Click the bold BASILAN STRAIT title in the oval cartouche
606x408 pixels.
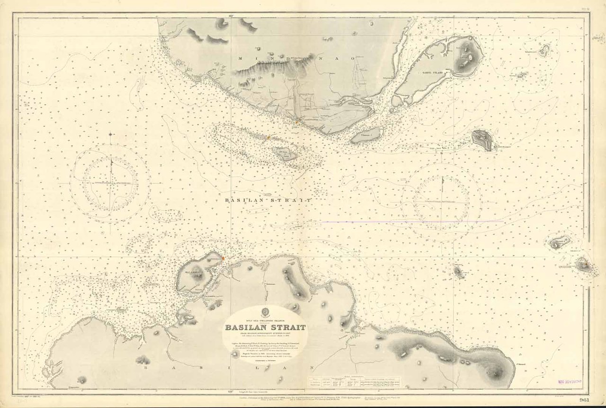265,327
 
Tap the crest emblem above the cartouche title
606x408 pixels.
265,313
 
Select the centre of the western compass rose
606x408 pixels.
111,182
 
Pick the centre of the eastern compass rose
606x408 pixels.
442,202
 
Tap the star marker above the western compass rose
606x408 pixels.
111,134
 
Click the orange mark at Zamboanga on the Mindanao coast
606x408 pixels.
296,122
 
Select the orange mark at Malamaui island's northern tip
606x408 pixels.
222,258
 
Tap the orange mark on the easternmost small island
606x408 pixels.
585,264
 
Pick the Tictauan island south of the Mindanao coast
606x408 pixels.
365,136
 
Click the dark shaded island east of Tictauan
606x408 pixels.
482,140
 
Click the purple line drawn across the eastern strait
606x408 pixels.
412,221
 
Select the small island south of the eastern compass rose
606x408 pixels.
458,271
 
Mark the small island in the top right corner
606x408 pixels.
544,50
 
